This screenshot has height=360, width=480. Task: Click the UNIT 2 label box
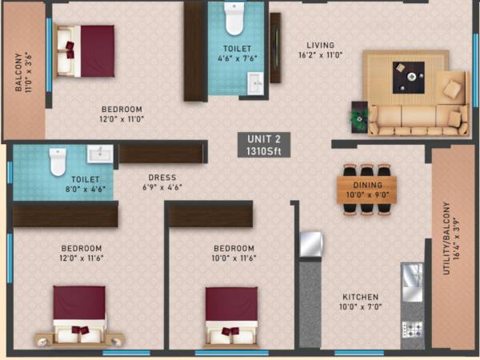[264, 144]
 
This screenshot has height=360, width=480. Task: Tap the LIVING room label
[320, 46]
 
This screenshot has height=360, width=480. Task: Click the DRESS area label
[162, 178]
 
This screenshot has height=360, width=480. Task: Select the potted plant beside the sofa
[356, 118]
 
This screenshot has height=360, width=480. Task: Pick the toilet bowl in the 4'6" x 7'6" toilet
[234, 19]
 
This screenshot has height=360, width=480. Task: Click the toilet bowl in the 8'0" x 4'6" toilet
[57, 162]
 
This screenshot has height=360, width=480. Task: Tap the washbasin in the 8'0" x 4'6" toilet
[99, 154]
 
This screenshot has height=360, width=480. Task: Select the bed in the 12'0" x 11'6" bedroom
[78, 314]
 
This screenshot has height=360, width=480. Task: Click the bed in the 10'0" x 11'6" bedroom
[231, 314]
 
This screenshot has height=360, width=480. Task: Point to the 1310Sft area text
[264, 150]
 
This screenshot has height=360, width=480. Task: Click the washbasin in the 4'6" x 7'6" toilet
[254, 82]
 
